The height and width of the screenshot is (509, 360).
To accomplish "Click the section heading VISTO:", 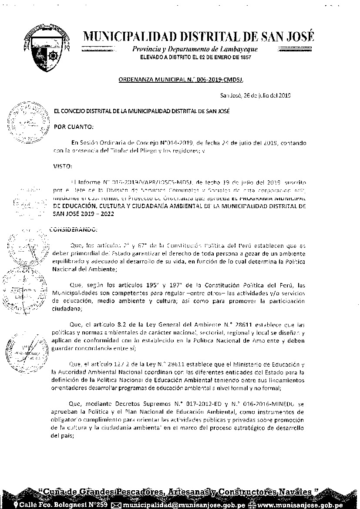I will click(x=64, y=166).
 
